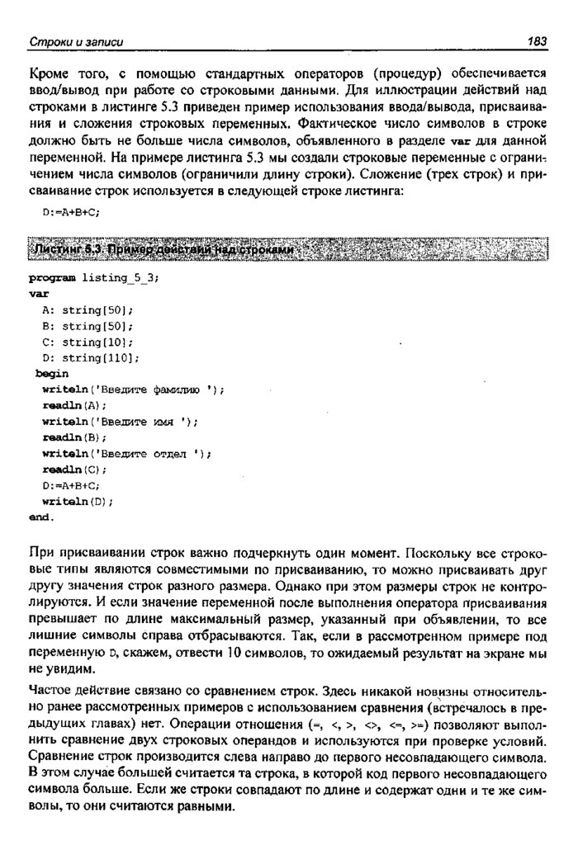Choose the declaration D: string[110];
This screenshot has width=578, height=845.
coord(90,357)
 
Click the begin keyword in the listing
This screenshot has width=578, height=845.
coord(52,374)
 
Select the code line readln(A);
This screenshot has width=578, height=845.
coord(74,405)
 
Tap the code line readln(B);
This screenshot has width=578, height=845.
coord(74,437)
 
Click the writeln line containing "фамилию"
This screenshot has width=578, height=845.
coord(132,389)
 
